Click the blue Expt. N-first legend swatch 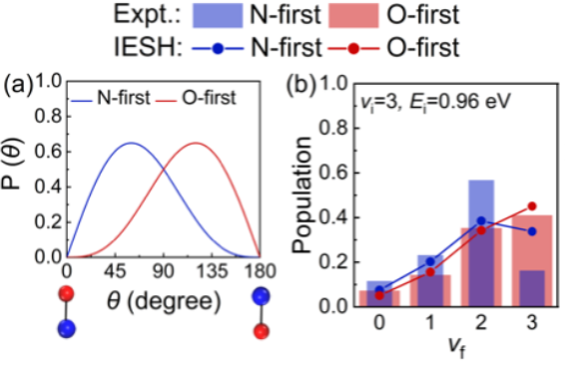[218, 16]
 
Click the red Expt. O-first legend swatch [353, 16]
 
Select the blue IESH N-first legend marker [218, 48]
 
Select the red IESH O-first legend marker [353, 48]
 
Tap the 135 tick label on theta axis [212, 271]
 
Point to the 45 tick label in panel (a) [115, 271]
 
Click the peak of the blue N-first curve [131, 143]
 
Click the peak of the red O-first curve [196, 143]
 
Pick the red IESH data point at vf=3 [532, 206]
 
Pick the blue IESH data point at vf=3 [532, 231]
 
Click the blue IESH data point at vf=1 [430, 261]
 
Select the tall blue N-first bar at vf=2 [481, 243]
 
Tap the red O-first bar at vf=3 [532, 260]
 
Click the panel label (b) [301, 86]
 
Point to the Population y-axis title [301, 194]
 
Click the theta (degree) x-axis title [164, 301]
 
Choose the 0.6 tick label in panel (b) [333, 173]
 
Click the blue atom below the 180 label [262, 296]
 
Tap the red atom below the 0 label [67, 293]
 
